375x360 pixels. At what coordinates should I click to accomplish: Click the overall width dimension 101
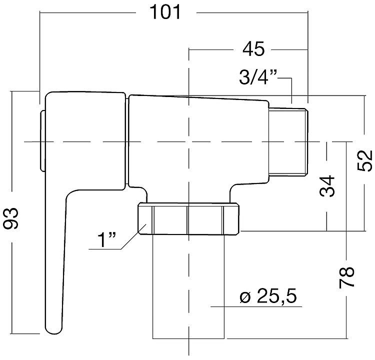[x=165, y=12]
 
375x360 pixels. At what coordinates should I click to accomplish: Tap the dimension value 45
[x=253, y=49]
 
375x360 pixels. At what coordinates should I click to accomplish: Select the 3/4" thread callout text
[x=258, y=77]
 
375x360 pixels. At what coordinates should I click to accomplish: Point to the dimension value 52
[x=365, y=160]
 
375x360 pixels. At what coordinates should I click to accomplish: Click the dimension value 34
[x=327, y=186]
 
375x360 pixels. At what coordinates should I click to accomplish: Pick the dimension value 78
[x=346, y=277]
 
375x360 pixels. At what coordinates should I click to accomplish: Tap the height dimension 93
[x=10, y=218]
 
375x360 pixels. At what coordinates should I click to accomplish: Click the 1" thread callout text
[x=106, y=239]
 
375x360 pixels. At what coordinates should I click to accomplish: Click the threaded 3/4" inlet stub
[x=287, y=142]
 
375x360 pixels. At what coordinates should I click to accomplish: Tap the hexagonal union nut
[x=188, y=218]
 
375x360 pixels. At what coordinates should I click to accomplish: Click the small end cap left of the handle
[x=42, y=141]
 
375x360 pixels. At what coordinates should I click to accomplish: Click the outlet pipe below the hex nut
[x=188, y=286]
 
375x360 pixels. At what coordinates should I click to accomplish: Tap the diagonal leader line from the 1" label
[x=133, y=236]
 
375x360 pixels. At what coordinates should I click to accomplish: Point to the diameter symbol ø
[x=245, y=297]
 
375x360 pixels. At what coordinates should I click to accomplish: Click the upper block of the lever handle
[x=85, y=140]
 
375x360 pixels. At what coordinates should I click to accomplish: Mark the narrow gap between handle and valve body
[x=127, y=141]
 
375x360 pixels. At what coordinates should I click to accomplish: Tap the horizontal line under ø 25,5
[x=256, y=306]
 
